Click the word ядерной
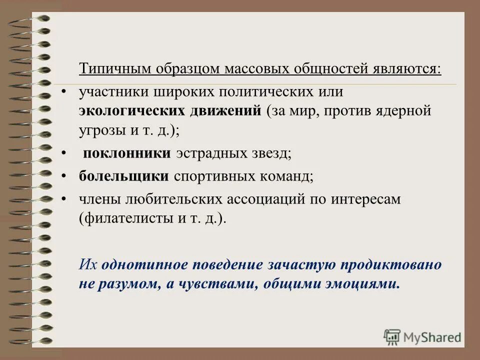pyautogui.click(x=405, y=110)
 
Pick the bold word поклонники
pyautogui.click(x=127, y=153)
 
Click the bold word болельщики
pyautogui.click(x=124, y=176)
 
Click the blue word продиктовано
pyautogui.click(x=398, y=264)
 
